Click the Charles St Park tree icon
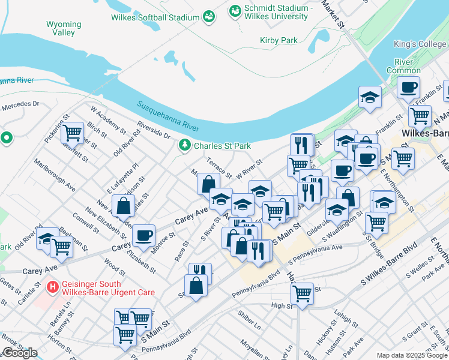(185, 145)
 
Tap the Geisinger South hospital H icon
(53, 287)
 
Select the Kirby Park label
(279, 40)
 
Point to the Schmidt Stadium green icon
(234, 11)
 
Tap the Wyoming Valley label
(64, 29)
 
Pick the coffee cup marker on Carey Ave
(143, 235)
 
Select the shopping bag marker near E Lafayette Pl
(123, 206)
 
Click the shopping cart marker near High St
(302, 293)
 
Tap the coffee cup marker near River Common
(408, 87)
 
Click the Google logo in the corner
(19, 353)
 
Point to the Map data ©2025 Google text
(411, 355)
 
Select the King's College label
(420, 44)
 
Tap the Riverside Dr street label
(154, 128)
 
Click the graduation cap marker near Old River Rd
(47, 238)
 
